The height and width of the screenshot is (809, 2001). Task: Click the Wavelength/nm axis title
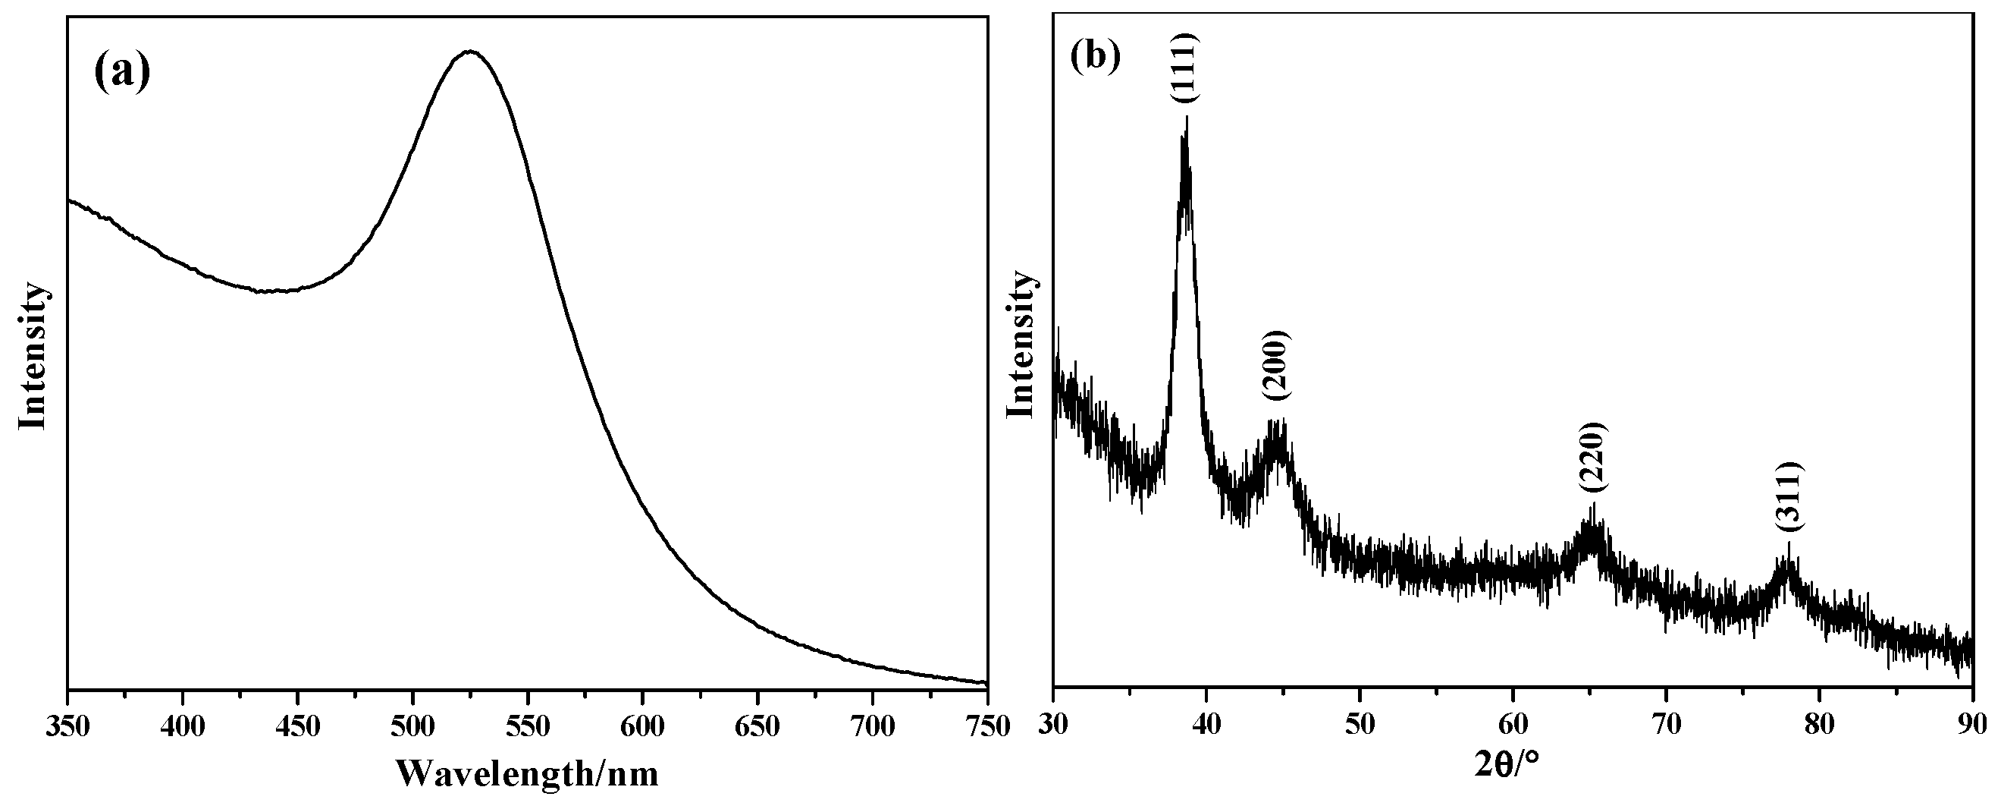528,774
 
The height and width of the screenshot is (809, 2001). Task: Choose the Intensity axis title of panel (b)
1021,345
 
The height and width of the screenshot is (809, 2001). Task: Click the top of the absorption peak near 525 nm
470,52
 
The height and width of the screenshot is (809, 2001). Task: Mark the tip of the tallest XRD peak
1187,118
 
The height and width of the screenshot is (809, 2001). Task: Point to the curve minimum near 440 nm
272,291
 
